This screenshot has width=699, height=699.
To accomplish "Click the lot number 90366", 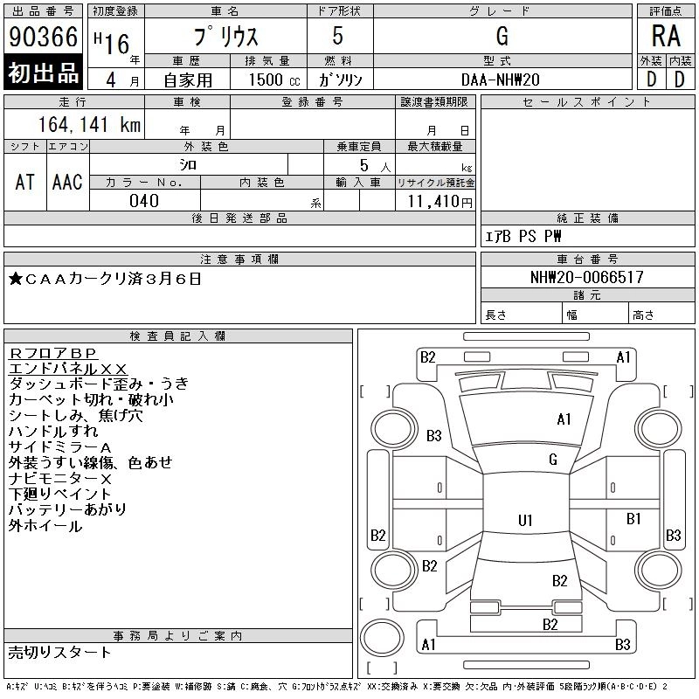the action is point(43,37).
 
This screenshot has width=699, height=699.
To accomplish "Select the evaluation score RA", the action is point(665,37).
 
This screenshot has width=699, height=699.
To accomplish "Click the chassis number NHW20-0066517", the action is point(586,278).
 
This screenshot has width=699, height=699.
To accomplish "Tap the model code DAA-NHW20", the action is point(502,79).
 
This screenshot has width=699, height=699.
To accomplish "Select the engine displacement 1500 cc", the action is point(267,79).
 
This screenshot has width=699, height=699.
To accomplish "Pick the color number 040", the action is point(144,201).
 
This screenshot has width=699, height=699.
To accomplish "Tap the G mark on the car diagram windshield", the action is point(553,460).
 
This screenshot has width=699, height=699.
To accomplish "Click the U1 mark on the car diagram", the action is point(525,521).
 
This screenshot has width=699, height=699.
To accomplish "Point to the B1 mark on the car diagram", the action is point(634,519).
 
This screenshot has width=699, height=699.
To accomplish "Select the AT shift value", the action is point(24,182).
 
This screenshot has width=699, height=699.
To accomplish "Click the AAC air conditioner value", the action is point(67,182).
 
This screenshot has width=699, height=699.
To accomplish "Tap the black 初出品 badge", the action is point(43,73).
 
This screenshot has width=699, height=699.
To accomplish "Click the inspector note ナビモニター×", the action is point(60,478).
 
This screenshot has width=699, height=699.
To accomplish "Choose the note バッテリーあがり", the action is point(67,509).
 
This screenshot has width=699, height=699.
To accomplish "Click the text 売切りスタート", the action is point(60,652).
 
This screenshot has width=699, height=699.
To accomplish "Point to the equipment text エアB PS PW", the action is point(523,236).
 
